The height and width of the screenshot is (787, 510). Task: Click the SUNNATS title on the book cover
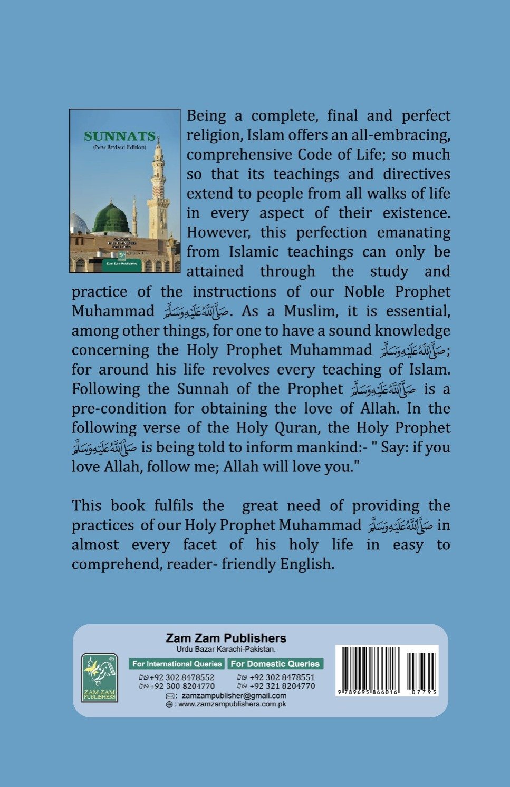coord(120,136)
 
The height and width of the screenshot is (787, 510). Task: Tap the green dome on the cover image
coord(111,217)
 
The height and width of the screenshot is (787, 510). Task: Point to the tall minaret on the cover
coord(158,190)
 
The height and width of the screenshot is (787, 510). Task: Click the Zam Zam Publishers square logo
coord(100,677)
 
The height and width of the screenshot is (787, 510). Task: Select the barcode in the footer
coord(387,666)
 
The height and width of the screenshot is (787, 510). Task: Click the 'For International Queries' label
coord(177,664)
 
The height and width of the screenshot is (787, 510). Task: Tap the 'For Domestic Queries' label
coord(275,664)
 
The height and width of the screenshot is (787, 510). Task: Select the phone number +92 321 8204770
coord(281,686)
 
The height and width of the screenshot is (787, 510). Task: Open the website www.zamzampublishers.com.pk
coord(232,704)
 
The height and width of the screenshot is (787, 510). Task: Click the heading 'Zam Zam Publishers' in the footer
coord(226,638)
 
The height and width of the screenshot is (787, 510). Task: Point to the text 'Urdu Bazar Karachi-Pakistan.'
coord(226,649)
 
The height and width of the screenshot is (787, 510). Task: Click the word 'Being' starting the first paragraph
coord(207,116)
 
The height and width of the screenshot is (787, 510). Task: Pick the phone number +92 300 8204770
coord(181,686)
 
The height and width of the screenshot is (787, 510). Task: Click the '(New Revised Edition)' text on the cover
coord(120,147)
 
